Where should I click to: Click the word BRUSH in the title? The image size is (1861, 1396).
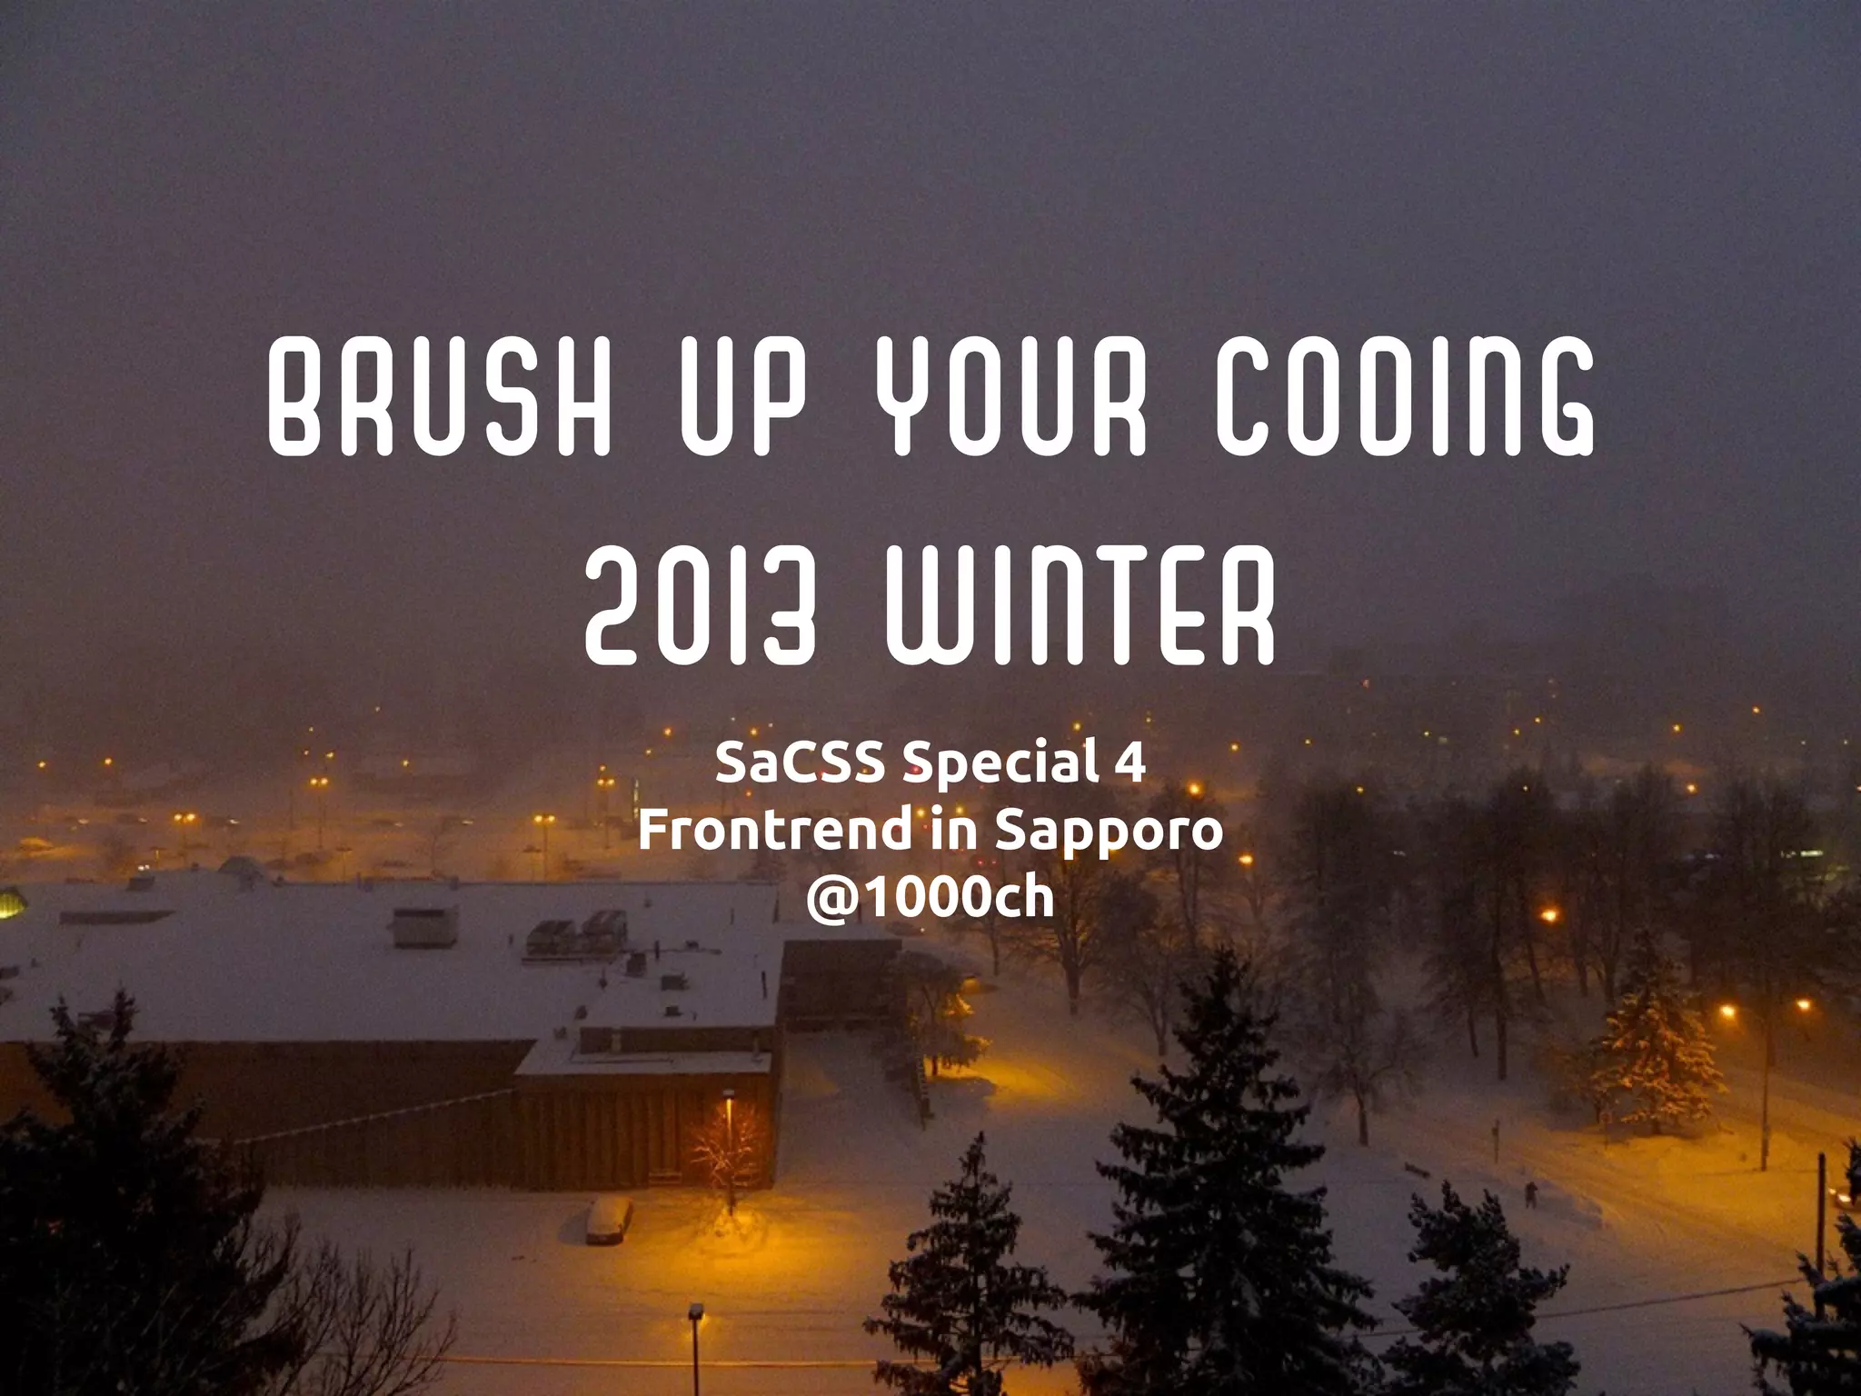438,397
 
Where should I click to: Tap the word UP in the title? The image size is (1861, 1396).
743,397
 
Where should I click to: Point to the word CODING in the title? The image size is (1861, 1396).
1405,397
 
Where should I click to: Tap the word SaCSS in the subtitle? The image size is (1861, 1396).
800,762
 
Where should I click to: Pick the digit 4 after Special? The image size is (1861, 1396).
1130,762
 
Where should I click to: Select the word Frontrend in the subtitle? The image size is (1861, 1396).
775,829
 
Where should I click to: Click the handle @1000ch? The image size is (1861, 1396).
930,897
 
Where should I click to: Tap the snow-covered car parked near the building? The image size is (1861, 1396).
608,1217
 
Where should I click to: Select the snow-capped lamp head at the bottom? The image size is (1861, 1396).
696,1311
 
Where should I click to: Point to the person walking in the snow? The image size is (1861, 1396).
1531,1192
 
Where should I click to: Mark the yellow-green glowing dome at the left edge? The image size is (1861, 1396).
9,904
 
